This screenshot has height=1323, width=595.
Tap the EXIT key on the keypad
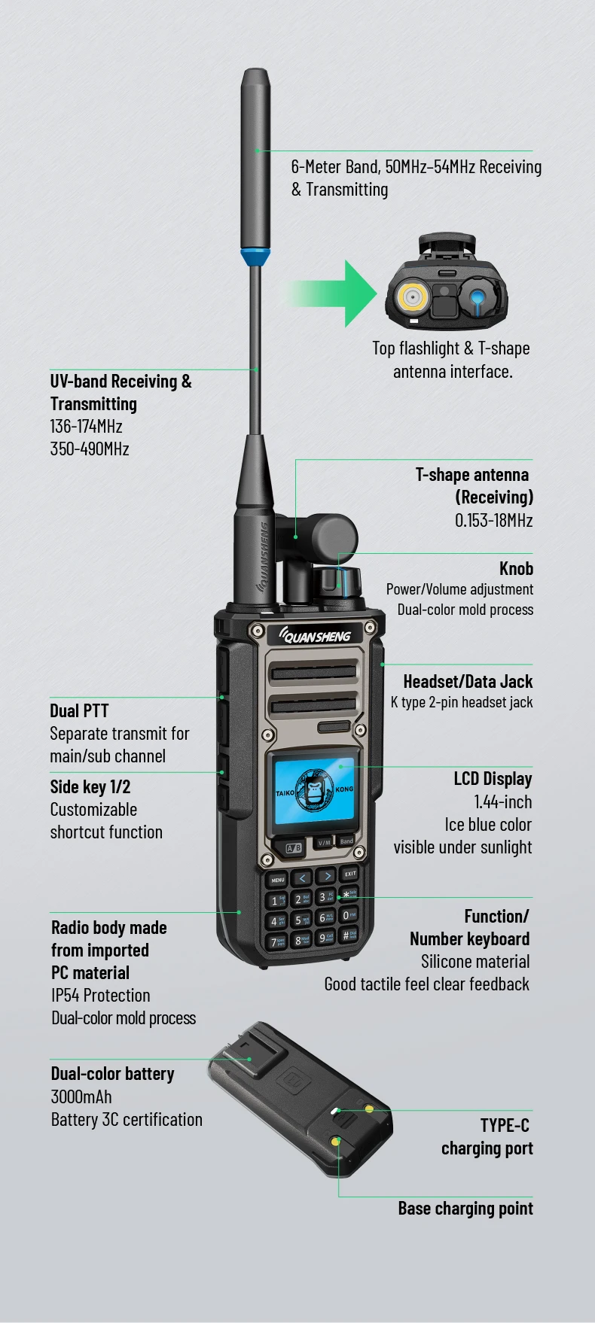pyautogui.click(x=349, y=874)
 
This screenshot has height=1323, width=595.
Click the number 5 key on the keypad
pyautogui.click(x=301, y=920)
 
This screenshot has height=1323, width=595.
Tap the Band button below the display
pyautogui.click(x=346, y=841)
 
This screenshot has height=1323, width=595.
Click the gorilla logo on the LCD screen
pyautogui.click(x=315, y=791)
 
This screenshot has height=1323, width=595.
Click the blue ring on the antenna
pyautogui.click(x=256, y=257)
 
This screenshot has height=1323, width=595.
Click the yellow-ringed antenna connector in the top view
pyautogui.click(x=412, y=297)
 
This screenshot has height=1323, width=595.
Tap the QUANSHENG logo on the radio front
pyautogui.click(x=315, y=636)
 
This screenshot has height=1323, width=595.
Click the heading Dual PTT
pyautogui.click(x=79, y=711)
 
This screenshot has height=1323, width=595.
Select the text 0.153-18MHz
pyautogui.click(x=493, y=520)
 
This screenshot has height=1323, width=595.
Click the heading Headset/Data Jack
pyautogui.click(x=468, y=681)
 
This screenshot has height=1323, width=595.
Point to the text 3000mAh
pyautogui.click(x=81, y=1096)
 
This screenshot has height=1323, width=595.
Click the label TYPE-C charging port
pyautogui.click(x=487, y=1136)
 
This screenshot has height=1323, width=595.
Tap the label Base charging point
pyautogui.click(x=465, y=1208)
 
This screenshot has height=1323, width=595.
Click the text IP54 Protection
pyautogui.click(x=101, y=995)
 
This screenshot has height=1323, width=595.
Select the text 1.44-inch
pyautogui.click(x=502, y=801)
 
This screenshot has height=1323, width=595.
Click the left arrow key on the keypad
pyautogui.click(x=302, y=877)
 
